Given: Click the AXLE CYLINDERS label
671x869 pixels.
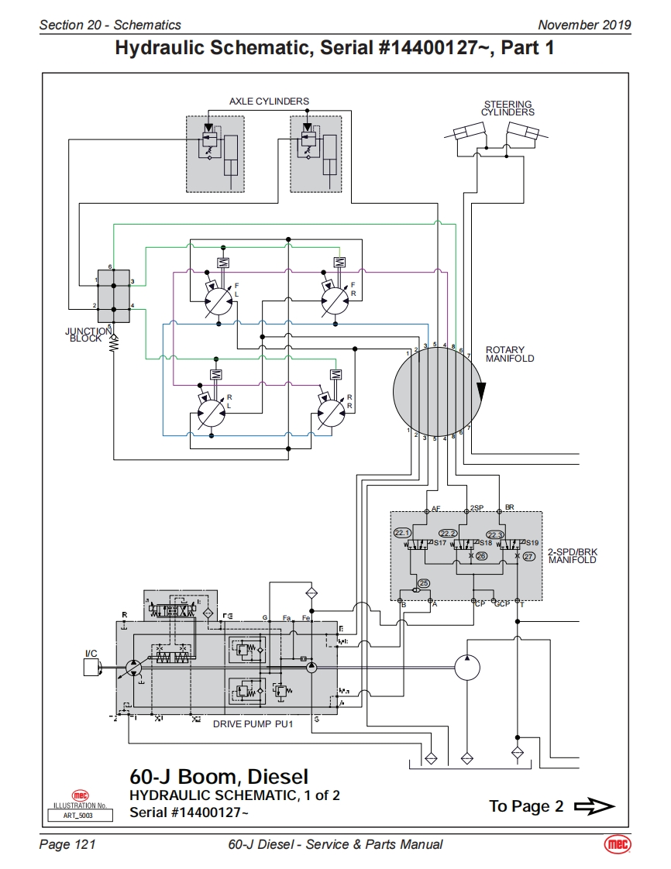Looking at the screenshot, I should point(269,101).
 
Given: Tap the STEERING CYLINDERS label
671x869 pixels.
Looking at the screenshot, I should point(508,108).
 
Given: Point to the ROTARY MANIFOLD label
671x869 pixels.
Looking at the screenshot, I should point(509,354).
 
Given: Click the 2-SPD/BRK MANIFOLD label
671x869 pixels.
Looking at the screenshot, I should point(572,556).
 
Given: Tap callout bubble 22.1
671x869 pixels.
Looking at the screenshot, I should point(402,532).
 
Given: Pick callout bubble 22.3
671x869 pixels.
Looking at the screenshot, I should point(495,534).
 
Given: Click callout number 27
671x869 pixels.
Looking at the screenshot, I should point(529,556).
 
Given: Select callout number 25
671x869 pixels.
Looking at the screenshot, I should point(423,583).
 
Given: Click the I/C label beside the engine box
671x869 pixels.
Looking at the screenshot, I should point(91,653).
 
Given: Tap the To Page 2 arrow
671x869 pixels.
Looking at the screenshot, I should point(594,807).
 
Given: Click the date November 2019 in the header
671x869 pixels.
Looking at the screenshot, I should point(584,25).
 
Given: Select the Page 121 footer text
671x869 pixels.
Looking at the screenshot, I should point(67,844).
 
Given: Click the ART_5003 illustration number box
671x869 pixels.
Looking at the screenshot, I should point(80,815).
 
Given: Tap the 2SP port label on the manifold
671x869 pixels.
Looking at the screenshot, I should point(477,508).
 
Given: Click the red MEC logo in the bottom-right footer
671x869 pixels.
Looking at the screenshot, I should point(618,844).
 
